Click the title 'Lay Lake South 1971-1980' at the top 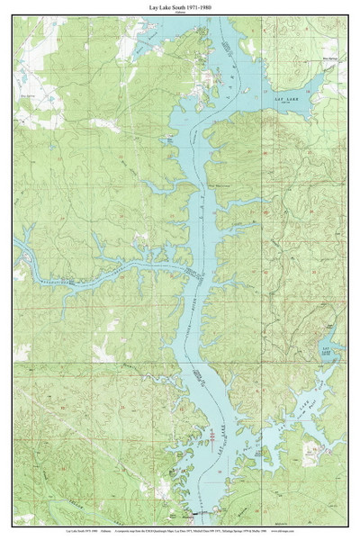(180, 5)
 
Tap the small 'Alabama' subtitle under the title (180, 12)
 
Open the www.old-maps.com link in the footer (333, 533)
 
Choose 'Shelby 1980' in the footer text (301, 533)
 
